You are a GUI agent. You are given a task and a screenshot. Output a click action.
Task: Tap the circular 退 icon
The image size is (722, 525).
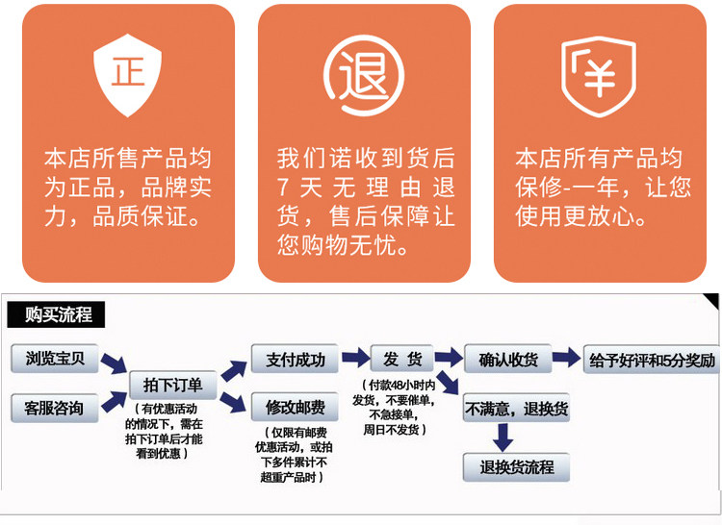click(x=363, y=75)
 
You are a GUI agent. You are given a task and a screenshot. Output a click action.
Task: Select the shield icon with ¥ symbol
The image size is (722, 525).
click(x=600, y=75)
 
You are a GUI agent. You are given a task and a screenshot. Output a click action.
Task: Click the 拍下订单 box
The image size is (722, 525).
click(x=173, y=385)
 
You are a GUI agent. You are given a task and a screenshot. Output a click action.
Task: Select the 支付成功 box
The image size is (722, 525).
click(x=289, y=360)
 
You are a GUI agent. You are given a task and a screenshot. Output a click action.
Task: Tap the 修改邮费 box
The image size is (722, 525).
click(x=289, y=406)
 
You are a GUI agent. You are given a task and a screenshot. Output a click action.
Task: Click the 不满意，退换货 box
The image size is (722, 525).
click(x=517, y=408)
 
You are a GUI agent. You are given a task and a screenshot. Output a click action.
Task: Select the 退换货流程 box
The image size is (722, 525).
click(x=517, y=467)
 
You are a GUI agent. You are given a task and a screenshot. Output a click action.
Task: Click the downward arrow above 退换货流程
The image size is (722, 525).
click(x=502, y=437)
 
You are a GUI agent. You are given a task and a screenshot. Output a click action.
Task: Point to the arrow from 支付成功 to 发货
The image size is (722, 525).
click(x=355, y=359)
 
